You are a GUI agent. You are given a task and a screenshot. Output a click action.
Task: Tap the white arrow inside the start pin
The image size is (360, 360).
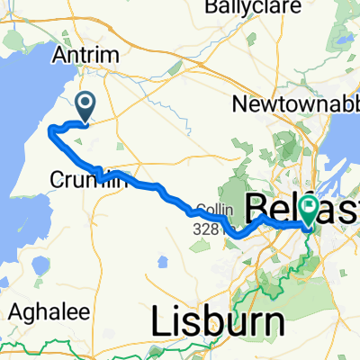click(x=85, y=103)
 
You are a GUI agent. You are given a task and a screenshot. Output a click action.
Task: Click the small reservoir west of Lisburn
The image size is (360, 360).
click(x=162, y=262)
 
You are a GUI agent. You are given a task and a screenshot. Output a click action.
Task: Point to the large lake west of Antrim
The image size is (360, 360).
click(x=22, y=108)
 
